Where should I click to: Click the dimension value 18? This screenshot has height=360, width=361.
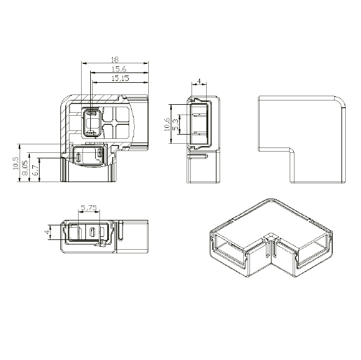point(114,60)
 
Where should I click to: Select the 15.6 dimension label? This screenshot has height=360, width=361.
point(119,69)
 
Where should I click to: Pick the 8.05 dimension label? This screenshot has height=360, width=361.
point(25,169)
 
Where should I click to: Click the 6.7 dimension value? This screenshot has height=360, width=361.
point(35,171)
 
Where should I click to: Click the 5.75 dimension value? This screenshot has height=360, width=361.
point(89,208)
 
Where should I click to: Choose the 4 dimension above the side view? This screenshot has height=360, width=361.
point(199,81)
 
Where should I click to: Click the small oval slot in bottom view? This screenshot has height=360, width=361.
point(91,232)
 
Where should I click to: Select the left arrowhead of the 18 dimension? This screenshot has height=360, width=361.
point(83,63)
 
